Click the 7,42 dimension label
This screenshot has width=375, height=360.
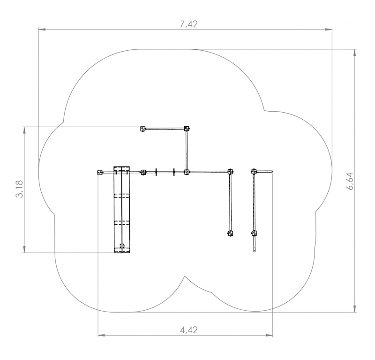coord(189,24)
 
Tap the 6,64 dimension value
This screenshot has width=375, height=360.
coord(350,181)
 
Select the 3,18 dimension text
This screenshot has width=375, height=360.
coord(19,189)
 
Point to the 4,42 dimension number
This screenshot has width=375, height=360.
coord(189,330)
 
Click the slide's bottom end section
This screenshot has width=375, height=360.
coord(122,250)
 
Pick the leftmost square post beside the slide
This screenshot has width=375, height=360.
coord(100,172)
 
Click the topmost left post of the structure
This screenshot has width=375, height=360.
coord(143,129)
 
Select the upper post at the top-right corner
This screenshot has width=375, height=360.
coord(187,129)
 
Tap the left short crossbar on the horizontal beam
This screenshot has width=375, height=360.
coord(156,172)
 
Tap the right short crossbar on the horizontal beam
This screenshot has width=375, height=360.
coord(174,172)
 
